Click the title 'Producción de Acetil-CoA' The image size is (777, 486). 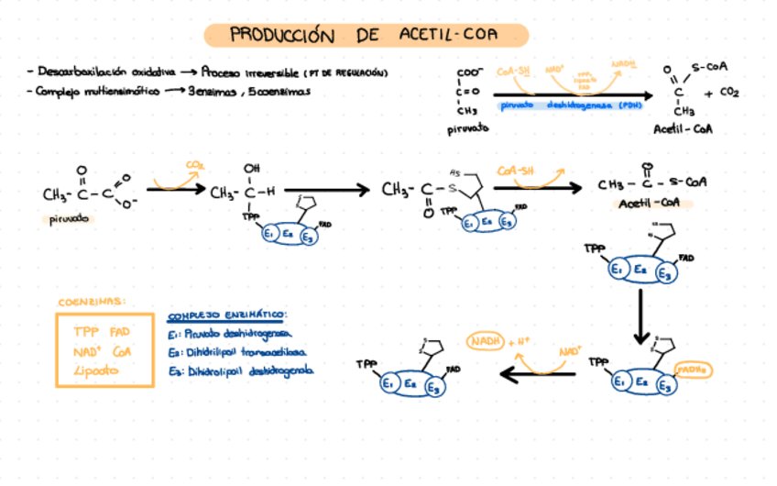pos(365,36)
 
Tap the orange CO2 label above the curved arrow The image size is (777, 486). pos(194,166)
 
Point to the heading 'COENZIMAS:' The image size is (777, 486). pos(93,302)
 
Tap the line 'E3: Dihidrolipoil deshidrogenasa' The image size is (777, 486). pos(240,370)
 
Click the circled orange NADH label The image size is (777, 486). pos(486,342)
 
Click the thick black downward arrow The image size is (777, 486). pos(641,316)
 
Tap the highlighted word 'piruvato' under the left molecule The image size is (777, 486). pos(70,219)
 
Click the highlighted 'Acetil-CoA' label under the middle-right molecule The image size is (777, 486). pos(647,202)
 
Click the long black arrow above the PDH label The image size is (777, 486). pos(573,94)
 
